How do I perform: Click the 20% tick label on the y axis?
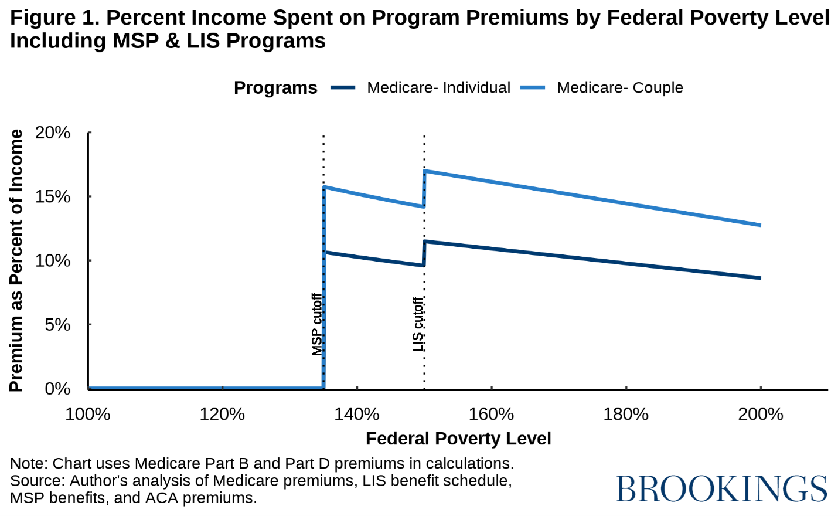click(53, 133)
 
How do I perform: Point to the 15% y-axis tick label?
click(53, 197)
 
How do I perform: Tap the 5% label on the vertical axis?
click(57, 325)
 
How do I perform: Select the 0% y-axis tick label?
click(57, 389)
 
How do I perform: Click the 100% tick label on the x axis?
click(88, 415)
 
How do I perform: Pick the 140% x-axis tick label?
click(357, 415)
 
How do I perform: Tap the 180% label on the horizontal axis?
click(626, 415)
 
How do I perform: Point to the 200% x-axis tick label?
click(761, 415)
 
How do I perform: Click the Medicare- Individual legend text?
click(438, 88)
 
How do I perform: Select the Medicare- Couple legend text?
click(620, 88)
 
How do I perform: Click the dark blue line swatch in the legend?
click(343, 88)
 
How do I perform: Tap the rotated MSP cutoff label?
click(317, 324)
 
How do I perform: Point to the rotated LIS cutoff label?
click(418, 324)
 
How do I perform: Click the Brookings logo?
click(721, 488)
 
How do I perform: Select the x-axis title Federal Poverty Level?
click(458, 439)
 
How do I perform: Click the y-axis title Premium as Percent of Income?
click(16, 260)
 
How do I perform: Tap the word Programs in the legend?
click(275, 88)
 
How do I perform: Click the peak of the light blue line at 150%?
click(425, 171)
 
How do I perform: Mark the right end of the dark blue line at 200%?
click(760, 278)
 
